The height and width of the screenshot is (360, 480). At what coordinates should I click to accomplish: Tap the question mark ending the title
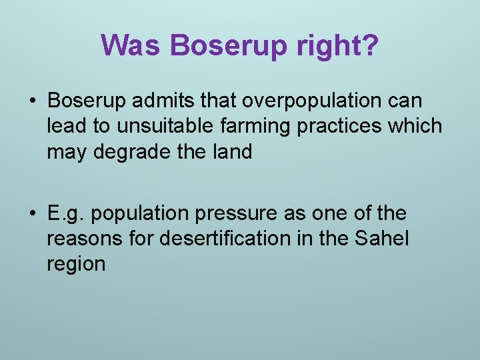(x=369, y=46)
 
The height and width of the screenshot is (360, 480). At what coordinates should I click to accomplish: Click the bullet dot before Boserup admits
(x=31, y=101)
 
